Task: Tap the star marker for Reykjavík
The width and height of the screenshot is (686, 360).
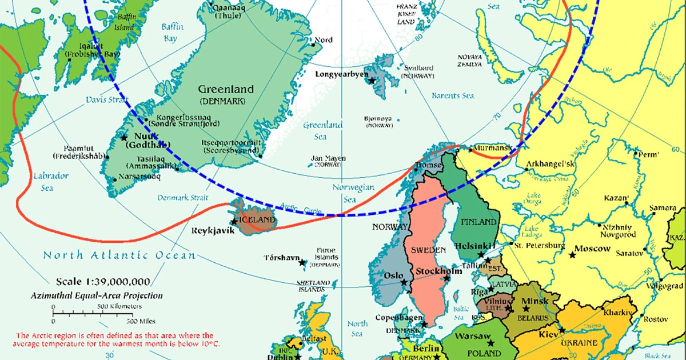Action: point(233,222)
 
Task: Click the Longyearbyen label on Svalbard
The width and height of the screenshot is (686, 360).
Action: point(341,74)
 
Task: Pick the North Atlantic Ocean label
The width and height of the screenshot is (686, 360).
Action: point(119,255)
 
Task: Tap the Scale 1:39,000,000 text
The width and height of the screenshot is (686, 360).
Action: point(103,282)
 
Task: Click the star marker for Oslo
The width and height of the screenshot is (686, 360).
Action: point(404,282)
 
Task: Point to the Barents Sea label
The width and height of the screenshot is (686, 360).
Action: point(452,95)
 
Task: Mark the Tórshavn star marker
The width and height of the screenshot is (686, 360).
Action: point(302,263)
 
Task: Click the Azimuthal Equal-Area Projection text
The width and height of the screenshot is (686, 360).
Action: point(97,295)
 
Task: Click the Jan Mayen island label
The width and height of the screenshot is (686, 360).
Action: point(328,158)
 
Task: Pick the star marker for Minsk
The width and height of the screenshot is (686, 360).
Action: point(525,309)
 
